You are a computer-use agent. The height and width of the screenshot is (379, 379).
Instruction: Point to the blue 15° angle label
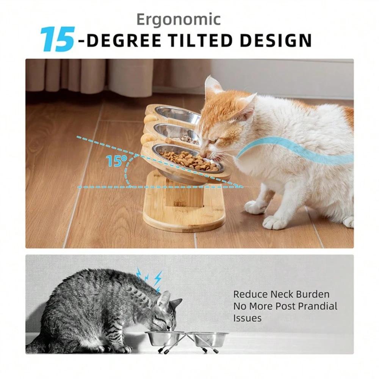pos(114,161)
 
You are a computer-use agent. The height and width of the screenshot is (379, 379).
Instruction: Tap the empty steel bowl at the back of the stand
pos(177,114)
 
